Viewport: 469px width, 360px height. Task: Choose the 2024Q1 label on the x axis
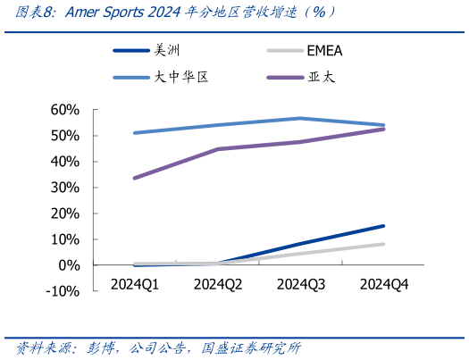click(134, 284)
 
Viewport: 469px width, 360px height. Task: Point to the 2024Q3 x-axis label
click(301, 284)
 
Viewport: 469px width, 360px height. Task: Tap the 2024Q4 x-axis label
click(384, 284)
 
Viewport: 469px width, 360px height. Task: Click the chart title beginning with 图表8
click(170, 13)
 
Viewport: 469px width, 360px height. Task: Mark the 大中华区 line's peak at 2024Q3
click(301, 118)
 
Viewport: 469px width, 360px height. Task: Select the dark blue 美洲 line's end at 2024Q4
click(384, 226)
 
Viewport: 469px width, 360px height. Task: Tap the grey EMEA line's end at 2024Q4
click(384, 244)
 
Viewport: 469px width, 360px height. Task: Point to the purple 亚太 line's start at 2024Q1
click(134, 178)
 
